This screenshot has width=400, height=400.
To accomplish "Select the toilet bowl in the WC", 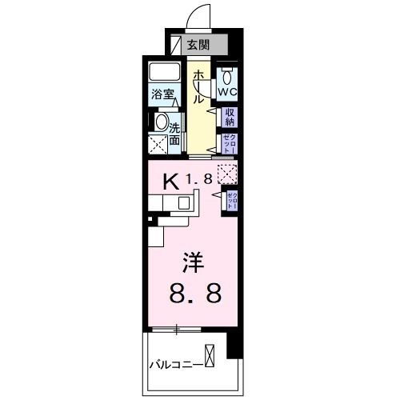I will point(228,78).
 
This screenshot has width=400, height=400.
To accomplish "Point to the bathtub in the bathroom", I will point(166,73).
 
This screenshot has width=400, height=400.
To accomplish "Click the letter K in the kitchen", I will point(170,181).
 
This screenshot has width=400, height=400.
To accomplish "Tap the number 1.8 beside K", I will point(200,180).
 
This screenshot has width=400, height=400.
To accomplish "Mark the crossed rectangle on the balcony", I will point(210,354).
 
